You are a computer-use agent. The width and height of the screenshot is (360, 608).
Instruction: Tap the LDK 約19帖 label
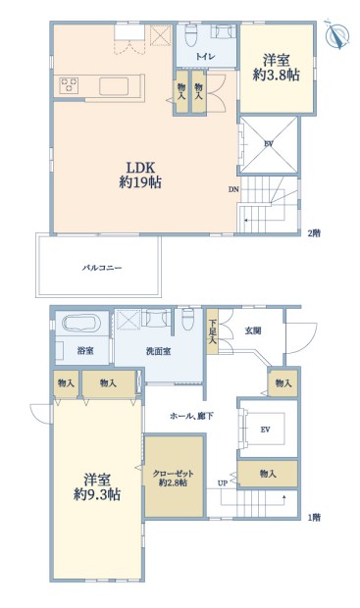pos(140,175)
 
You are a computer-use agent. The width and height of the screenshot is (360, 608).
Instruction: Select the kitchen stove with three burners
pos(69,85)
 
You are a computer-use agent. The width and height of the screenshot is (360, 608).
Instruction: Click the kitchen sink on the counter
pos(114,86)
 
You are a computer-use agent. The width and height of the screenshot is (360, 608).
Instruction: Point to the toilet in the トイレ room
pos(191,35)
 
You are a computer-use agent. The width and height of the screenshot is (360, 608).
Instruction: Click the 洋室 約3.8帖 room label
pos(276,68)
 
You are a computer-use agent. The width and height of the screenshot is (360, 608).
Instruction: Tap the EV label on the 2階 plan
pos(269,144)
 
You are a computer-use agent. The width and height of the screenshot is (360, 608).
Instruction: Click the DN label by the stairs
pos(233,189)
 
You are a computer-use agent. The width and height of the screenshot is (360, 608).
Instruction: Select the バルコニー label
pos(102,268)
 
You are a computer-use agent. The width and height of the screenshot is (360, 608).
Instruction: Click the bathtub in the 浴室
pos(81,323)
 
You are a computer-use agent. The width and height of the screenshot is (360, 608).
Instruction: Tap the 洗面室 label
pos(158,351)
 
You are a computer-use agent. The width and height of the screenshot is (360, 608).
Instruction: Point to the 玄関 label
pos(252,330)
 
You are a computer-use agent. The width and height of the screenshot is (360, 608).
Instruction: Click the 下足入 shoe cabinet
pos(212,330)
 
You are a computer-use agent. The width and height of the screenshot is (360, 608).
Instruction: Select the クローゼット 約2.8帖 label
pos(173,478)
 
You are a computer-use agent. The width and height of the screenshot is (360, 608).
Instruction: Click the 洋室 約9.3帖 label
pos(97,487)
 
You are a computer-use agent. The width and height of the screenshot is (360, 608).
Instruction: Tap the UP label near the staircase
pos(223,483)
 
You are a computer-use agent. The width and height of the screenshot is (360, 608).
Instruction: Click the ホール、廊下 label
pos(191,417)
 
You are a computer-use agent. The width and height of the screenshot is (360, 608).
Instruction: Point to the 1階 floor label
pos(314,517)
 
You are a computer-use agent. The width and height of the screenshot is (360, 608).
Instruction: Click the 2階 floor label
pos(314,233)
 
